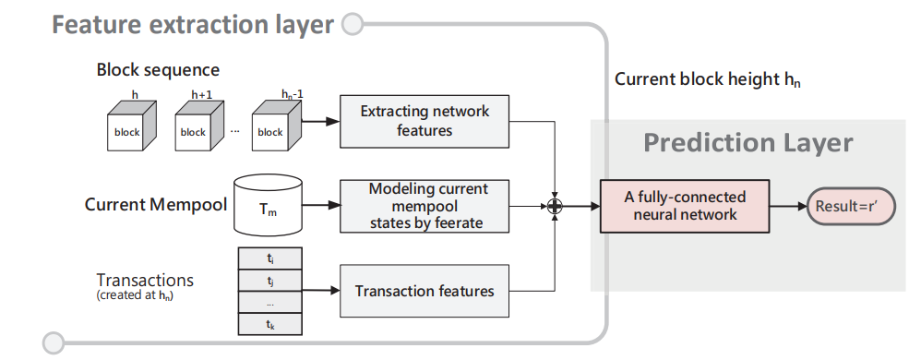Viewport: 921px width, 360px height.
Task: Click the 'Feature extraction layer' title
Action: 192,24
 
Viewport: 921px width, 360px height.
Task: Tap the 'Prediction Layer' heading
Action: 748,142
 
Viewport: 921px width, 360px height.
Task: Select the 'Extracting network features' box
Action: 425,121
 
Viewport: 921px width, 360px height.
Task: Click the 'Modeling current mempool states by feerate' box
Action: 425,205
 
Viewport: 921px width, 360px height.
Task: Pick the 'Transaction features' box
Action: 425,291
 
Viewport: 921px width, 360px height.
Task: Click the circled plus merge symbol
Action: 555,206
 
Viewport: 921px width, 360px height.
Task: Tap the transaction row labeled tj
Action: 270,279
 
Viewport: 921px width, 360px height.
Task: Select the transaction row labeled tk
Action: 270,324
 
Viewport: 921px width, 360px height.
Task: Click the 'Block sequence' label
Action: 158,70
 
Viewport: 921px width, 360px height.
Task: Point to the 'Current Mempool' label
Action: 155,204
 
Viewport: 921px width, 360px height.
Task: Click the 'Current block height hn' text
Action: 708,79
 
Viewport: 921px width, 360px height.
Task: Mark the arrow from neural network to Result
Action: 784,206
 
